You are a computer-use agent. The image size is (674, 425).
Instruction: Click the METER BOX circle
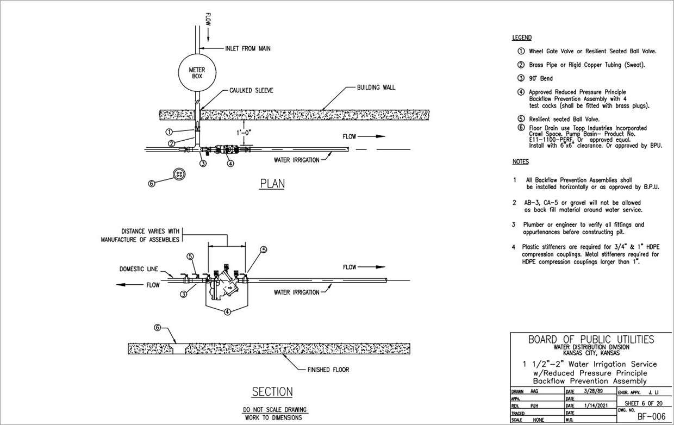197,73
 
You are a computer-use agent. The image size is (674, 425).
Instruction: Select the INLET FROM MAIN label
247,48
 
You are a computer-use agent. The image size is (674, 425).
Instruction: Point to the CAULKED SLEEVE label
251,91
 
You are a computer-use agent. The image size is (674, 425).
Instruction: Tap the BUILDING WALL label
376,87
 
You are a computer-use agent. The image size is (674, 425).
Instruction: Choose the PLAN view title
272,184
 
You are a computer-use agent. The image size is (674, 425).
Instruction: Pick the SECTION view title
272,392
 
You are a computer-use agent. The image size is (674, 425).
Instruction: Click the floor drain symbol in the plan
179,174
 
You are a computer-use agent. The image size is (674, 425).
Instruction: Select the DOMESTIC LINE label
139,269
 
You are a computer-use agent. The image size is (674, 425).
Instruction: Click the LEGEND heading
522,38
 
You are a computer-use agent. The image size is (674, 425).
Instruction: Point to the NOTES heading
521,162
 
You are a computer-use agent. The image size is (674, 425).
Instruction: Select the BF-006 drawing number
651,416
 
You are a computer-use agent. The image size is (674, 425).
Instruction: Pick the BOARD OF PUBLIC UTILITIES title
591,340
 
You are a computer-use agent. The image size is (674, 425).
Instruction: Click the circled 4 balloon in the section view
228,311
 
